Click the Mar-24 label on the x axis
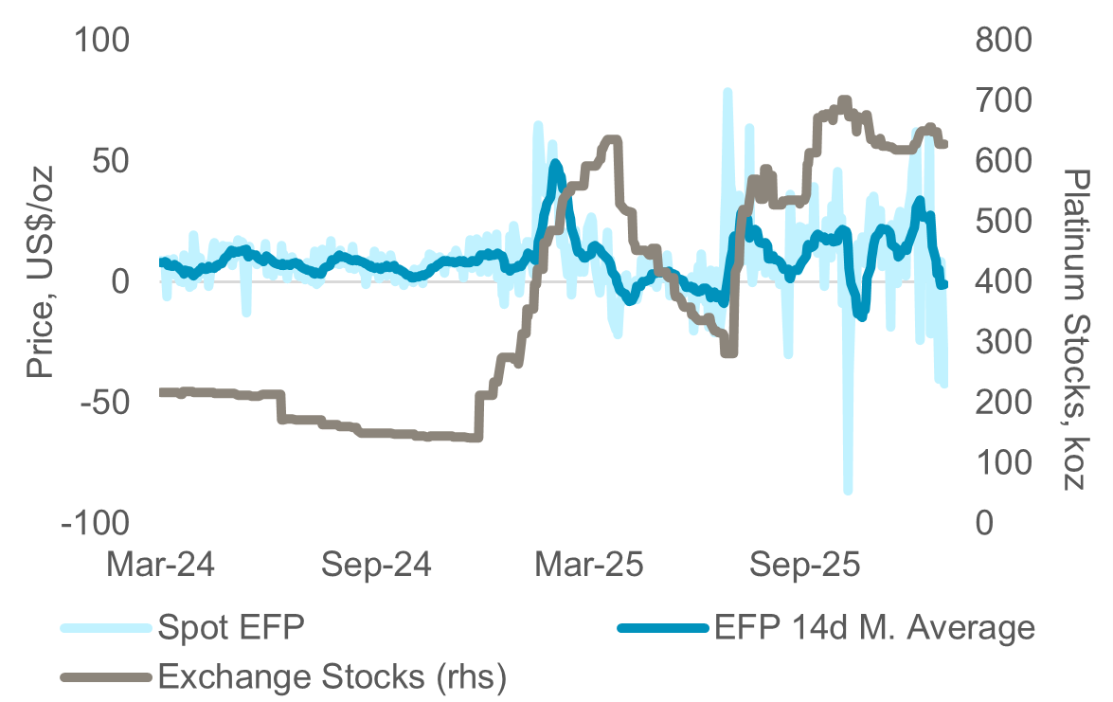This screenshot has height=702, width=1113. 160,566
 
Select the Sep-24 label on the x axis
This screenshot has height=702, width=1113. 377,566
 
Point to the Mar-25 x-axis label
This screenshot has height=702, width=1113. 590,566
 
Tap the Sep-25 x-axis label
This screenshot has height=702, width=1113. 805,566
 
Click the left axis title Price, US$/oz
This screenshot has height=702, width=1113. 40,272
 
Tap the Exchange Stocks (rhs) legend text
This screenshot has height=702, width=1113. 332,676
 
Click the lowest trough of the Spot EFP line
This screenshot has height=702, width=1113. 848,491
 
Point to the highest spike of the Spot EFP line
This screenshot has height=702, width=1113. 727,92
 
